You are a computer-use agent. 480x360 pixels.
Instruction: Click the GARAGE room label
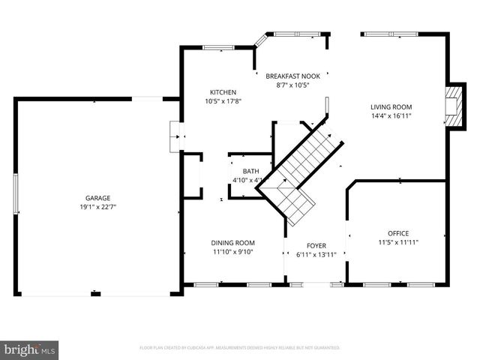coord(97,198)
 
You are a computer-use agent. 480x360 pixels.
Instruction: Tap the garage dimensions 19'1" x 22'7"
coord(97,207)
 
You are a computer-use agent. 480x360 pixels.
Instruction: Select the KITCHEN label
coord(223,92)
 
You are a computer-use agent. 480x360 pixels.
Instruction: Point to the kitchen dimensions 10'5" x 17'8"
coord(223,101)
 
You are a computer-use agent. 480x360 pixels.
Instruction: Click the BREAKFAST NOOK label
coord(293,76)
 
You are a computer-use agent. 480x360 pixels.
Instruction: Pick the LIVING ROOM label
coord(391,106)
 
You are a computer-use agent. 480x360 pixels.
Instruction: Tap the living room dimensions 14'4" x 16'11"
coord(391,115)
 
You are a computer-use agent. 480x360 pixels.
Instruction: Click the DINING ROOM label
coord(233,242)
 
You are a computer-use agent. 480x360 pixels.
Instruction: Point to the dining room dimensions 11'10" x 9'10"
coord(233,252)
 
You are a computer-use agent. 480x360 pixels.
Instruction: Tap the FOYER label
coord(316,246)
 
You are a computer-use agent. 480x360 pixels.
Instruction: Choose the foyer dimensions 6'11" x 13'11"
coord(316,255)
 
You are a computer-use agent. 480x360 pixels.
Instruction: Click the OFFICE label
coord(398,233)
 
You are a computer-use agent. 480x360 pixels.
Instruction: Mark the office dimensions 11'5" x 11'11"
coord(398,243)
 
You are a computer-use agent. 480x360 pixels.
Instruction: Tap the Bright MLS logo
coord(29,349)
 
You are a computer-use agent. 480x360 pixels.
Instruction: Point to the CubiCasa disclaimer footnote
coord(240,348)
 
